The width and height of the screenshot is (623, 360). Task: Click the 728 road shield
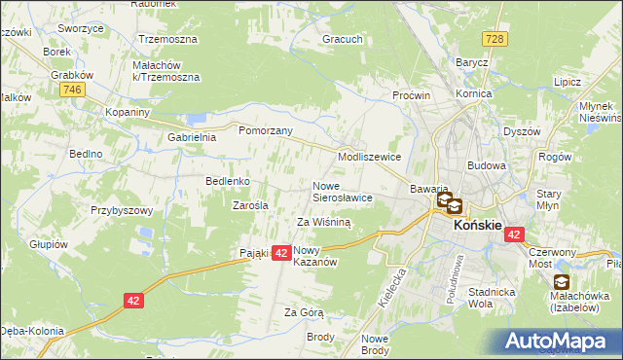[495, 38]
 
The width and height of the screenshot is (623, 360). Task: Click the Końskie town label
[477, 225]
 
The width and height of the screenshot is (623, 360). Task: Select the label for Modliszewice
[369, 156]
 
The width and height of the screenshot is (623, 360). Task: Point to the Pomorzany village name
[260, 128]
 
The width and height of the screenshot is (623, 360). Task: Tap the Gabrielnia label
[192, 137]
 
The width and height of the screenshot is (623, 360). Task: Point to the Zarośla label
[250, 205]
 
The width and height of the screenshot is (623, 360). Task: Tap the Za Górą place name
[304, 312]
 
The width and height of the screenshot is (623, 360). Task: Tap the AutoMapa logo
[561, 342]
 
